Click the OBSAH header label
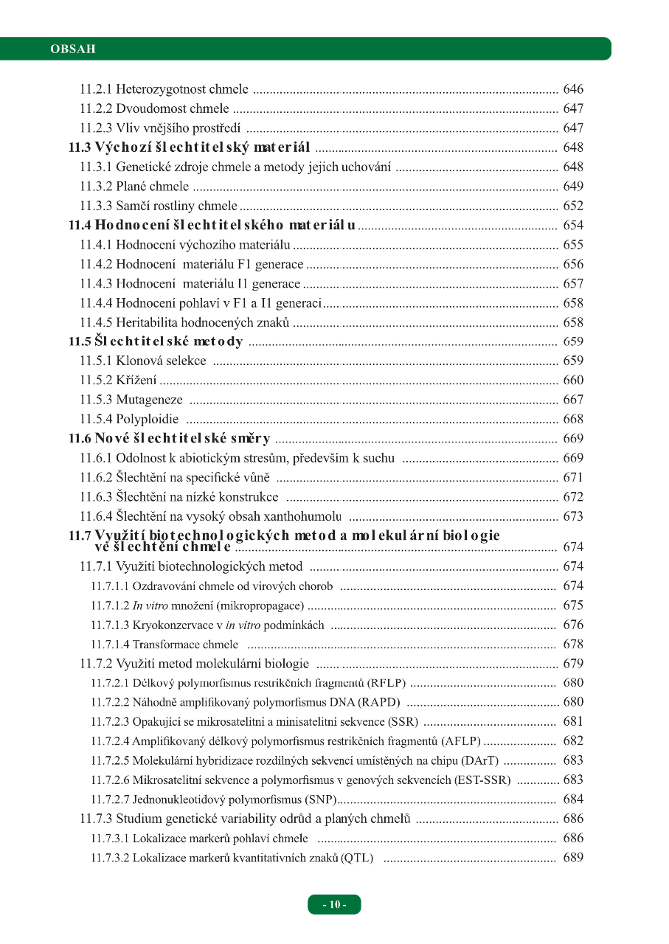pos(73,49)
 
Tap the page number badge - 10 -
pos(334,904)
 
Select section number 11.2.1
pos(96,90)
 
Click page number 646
pos(572,90)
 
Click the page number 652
pos(572,206)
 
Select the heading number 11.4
pos(80,225)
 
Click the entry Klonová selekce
pos(161,361)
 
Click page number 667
pos(572,400)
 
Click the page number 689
pos(572,858)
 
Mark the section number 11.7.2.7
pos(110,799)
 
